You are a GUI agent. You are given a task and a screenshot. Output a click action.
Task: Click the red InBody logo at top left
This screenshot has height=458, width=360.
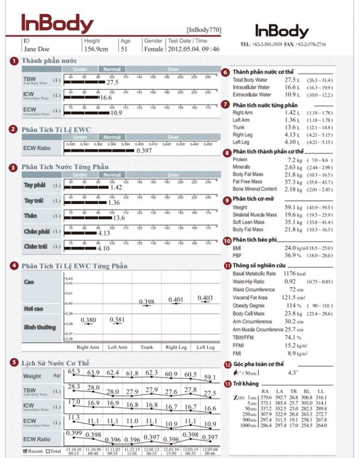coord(57,23)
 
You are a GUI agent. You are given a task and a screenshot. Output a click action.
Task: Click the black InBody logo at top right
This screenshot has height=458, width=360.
coord(282,31)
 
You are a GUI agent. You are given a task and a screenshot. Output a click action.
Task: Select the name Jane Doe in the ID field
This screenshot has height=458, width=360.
coord(37,49)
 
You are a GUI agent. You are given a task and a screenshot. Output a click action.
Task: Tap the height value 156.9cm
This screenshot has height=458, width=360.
coord(97,49)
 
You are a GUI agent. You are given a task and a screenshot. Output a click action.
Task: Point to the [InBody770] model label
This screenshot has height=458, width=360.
coord(204,30)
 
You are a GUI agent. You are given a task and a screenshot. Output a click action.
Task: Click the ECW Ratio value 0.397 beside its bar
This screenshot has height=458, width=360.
coord(144,151)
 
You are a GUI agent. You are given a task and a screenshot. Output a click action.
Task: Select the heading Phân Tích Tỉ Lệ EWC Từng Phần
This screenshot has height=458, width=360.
coord(74,266)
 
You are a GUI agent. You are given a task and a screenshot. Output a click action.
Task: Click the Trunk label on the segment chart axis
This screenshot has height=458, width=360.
coord(147,347)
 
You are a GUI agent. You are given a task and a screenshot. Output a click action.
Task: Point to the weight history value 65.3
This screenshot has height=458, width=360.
coord(74,371)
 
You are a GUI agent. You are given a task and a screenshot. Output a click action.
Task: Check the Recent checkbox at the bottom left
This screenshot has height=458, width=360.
coord(25,451)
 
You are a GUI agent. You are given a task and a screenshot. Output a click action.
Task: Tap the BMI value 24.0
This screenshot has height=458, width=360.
coord(290,248)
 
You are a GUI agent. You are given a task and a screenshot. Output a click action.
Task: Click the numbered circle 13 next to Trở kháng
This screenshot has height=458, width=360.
coord(228,384)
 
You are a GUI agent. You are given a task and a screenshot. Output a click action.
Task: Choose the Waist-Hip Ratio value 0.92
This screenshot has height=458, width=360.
coord(290,281)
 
